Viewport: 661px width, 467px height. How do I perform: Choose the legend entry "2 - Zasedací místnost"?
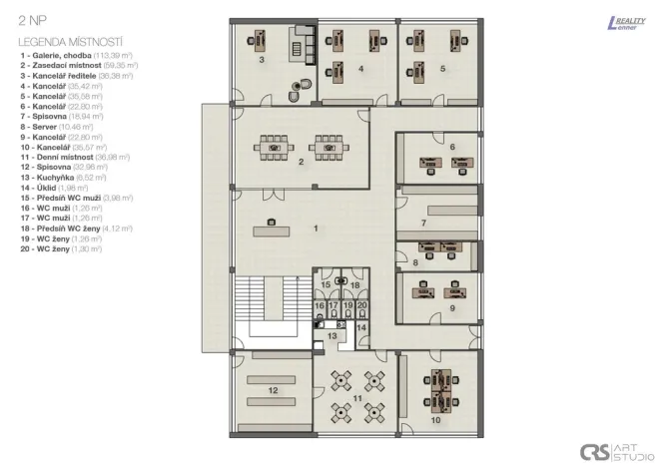[x=75, y=63]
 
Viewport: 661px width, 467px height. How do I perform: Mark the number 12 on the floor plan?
[x=273, y=390]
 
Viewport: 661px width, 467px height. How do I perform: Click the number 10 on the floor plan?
[x=436, y=420]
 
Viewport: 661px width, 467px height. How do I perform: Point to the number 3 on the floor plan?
[x=262, y=60]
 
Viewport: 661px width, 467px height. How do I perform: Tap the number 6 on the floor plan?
[x=452, y=147]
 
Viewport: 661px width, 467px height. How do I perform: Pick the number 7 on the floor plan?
[x=423, y=223]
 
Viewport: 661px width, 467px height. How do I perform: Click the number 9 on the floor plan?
[x=452, y=308]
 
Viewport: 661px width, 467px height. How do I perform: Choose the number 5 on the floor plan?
[x=442, y=69]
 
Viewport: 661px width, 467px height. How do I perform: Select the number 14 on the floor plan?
[x=361, y=327]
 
